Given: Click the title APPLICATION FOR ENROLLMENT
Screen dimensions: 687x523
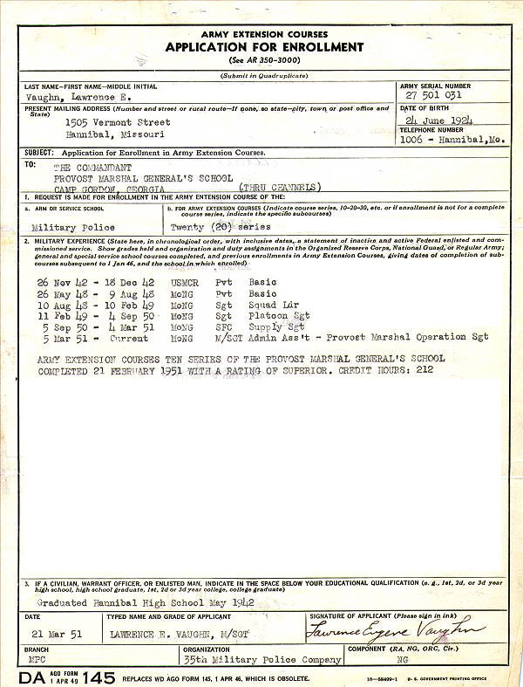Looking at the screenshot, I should tap(264, 47).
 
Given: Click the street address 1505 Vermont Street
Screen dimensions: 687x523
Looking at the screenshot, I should tap(118, 123).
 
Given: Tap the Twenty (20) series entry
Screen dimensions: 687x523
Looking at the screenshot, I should tap(221, 226).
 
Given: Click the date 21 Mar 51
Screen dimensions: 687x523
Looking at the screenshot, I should tap(50, 635).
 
